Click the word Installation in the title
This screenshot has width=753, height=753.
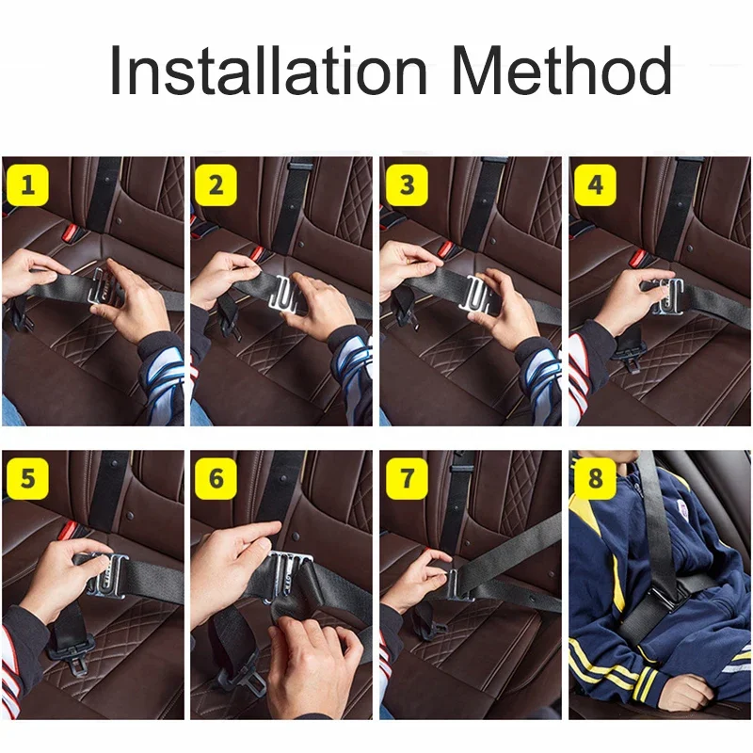pos(268,70)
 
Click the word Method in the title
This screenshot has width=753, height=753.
pos(561,70)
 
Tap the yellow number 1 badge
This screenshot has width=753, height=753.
pos(28,184)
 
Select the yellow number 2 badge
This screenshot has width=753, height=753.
pos(216,184)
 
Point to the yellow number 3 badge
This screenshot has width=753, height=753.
pos(407,184)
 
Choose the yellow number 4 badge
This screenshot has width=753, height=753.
pos(596,184)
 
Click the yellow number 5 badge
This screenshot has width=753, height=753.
pos(28,479)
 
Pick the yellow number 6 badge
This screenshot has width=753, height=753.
pos(216,479)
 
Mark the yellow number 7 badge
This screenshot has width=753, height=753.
pos(407,479)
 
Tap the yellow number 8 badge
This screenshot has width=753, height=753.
pos(596,479)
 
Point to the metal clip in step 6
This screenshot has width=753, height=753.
pos(288,576)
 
